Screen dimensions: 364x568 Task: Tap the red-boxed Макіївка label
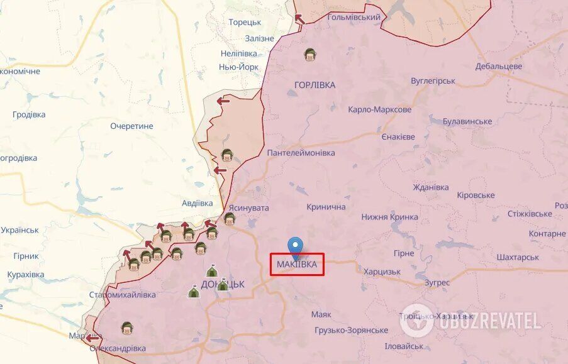click(298, 265)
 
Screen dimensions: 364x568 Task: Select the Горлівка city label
click(315, 85)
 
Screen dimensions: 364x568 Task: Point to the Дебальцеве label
click(499, 66)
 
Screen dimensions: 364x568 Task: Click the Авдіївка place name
click(197, 203)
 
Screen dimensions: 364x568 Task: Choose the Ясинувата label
click(248, 207)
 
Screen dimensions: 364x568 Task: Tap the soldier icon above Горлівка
click(309, 55)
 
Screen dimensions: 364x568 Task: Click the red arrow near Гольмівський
click(300, 19)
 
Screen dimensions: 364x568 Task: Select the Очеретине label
click(131, 126)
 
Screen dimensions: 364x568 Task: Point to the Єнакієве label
click(398, 137)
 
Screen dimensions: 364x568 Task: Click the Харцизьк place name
click(382, 272)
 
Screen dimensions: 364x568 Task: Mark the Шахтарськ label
click(517, 257)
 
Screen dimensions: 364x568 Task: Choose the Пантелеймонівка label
click(301, 153)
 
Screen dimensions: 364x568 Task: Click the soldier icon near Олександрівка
click(127, 328)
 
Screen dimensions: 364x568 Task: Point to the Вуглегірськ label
click(433, 81)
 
